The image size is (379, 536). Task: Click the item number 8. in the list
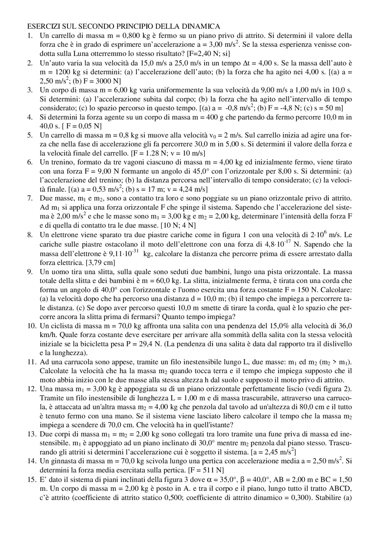[30, 235]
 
